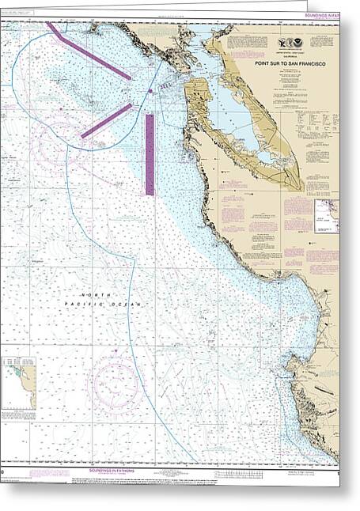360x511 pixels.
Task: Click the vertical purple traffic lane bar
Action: click(150, 154)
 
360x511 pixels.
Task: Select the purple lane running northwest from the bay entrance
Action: click(89, 51)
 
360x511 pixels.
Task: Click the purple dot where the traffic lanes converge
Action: click(150, 93)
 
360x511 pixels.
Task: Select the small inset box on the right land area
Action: click(326, 211)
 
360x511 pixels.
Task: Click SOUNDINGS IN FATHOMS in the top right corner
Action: click(332, 9)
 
